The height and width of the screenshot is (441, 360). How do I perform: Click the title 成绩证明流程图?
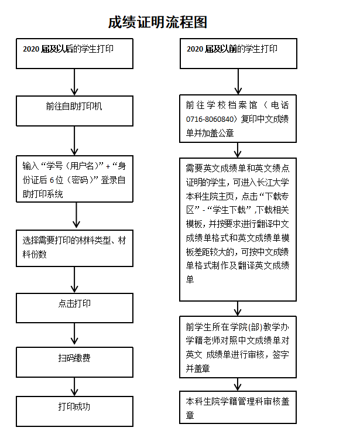coord(157,22)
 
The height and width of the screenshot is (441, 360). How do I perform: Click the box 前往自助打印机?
coord(74,111)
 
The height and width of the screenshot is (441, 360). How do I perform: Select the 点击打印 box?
coord(74,307)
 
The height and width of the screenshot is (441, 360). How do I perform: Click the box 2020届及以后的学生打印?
coord(74,53)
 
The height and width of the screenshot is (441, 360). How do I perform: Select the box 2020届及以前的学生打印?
coord(237,53)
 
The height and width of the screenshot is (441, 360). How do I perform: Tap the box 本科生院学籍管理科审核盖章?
coord(237,408)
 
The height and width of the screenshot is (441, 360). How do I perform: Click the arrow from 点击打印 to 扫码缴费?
coord(75,334)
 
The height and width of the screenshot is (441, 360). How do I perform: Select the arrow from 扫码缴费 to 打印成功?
coord(75,386)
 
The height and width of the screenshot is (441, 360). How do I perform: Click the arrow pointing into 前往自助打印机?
coord(75,82)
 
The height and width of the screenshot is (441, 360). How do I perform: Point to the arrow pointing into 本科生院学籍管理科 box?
coord(238,384)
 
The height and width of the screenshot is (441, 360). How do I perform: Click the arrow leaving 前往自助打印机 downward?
coord(75,141)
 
